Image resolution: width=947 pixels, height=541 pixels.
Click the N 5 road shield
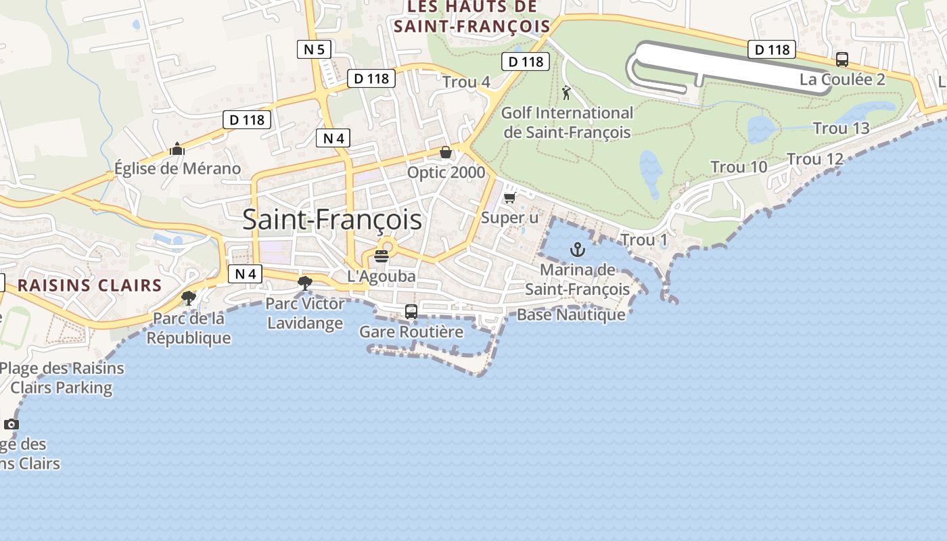[314, 49]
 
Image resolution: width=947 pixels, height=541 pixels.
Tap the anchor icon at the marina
[577, 249]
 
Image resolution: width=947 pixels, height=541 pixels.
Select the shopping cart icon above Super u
[509, 197]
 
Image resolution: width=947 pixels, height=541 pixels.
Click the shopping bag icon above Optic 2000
[445, 152]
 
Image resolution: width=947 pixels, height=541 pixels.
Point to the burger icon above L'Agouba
[382, 256]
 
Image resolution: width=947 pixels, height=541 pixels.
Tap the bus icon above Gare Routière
[411, 312]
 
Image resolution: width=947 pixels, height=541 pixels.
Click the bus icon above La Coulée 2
[841, 60]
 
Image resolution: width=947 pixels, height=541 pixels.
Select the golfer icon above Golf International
[566, 93]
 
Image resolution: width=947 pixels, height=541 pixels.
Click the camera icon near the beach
[11, 424]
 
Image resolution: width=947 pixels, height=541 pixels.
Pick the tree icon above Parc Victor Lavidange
[305, 283]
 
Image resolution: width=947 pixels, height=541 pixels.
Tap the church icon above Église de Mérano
[177, 149]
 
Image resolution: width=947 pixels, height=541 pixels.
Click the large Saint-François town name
[331, 220]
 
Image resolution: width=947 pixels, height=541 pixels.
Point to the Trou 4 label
[466, 82]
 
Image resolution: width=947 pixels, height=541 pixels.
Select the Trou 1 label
[643, 240]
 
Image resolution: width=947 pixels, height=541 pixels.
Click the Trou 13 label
[841, 128]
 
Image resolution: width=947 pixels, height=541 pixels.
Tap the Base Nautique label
[571, 314]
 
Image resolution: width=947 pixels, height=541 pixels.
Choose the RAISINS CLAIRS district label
[89, 285]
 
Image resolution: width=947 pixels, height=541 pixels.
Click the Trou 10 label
[739, 167]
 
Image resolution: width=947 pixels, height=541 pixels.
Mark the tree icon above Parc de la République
[189, 298]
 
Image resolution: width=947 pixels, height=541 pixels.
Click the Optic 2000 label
[446, 172]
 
